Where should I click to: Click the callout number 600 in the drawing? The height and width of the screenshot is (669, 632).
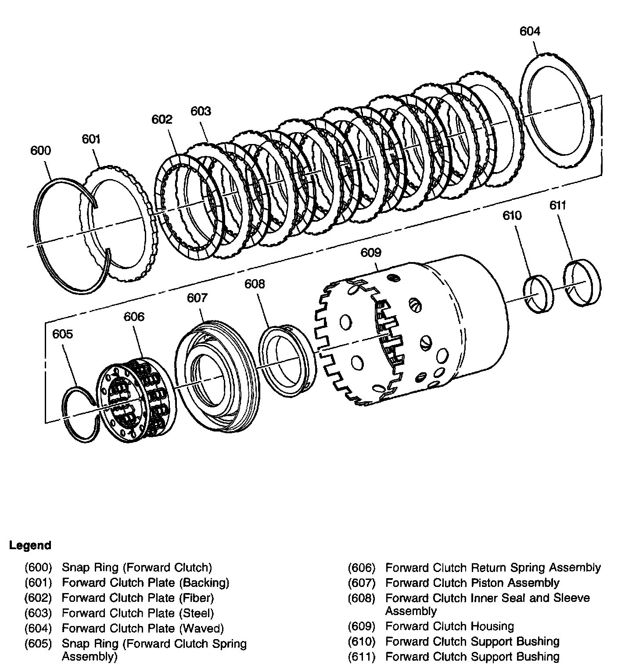(x=40, y=151)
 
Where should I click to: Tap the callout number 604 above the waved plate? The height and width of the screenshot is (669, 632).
(x=530, y=31)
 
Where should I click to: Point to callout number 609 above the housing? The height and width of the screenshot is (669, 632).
(x=371, y=253)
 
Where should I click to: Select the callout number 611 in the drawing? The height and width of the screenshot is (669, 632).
(x=557, y=205)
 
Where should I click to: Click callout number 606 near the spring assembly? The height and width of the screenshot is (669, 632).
(x=134, y=317)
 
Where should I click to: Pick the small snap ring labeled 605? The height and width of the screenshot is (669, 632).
(x=80, y=413)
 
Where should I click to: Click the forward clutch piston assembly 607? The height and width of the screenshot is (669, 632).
(x=215, y=375)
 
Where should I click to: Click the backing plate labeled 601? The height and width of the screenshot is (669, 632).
(x=118, y=223)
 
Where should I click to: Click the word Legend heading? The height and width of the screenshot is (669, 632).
(x=30, y=546)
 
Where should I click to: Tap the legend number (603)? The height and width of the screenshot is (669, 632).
(x=39, y=613)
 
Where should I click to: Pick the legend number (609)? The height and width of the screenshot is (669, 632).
(x=362, y=626)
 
